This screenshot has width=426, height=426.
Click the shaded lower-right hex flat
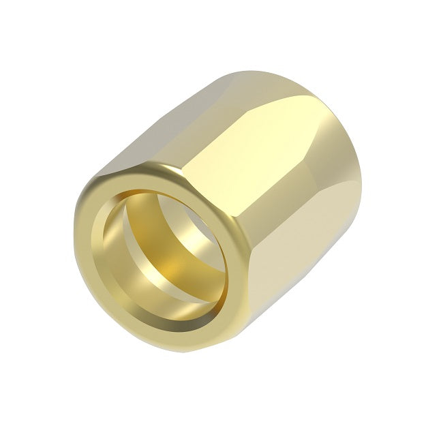(300, 273)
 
